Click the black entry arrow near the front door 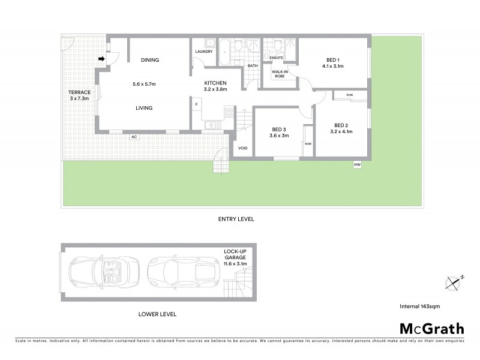pyautogui.click(x=102, y=59)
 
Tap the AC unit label pyautogui.click(x=134, y=137)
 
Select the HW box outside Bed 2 pyautogui.click(x=357, y=164)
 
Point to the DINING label pyautogui.click(x=149, y=60)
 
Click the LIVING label pyautogui.click(x=144, y=108)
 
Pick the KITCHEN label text pyautogui.click(x=215, y=83)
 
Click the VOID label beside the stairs pyautogui.click(x=242, y=148)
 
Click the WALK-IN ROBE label pyautogui.click(x=280, y=74)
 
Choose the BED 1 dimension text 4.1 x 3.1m pyautogui.click(x=333, y=67)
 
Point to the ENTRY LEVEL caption pyautogui.click(x=236, y=220)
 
